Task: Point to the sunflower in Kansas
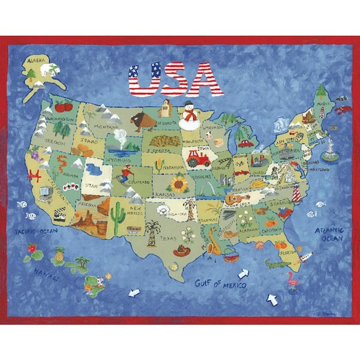click(178, 183)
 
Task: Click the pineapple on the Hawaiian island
click(59, 255)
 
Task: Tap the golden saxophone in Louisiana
click(214, 242)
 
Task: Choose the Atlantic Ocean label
click(329, 233)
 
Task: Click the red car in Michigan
click(245, 143)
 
